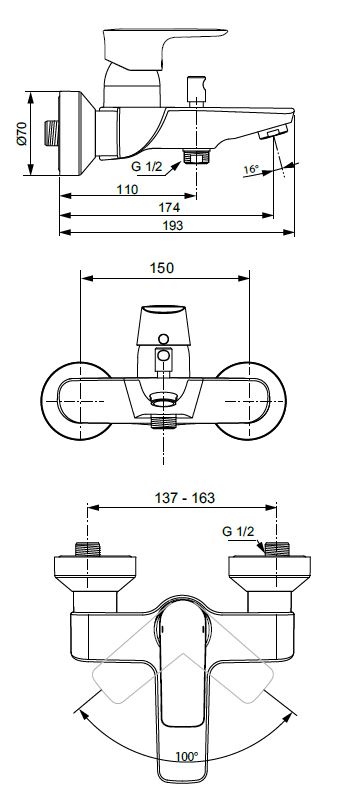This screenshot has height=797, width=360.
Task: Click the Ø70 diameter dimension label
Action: coord(22,134)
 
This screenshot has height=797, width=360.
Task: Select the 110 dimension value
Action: coord(127,190)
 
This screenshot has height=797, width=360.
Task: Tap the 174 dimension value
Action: coord(169,207)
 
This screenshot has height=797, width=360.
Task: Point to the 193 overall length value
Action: coord(172,225)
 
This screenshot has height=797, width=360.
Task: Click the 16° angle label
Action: coord(251,169)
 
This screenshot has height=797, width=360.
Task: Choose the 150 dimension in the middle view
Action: coord(162,268)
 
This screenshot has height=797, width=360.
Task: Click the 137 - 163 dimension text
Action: coord(185,498)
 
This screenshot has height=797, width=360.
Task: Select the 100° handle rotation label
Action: coord(187,756)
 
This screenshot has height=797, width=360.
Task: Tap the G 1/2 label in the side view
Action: coord(146,166)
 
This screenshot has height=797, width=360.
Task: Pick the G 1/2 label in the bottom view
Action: coord(238,532)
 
